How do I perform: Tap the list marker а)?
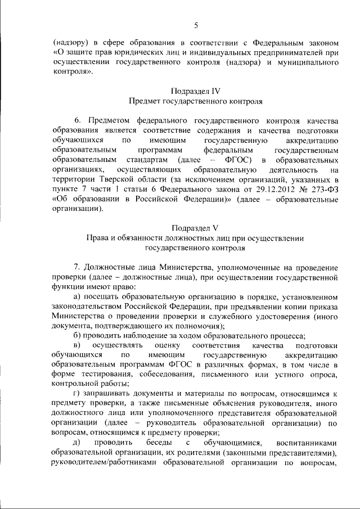click(x=78, y=296)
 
